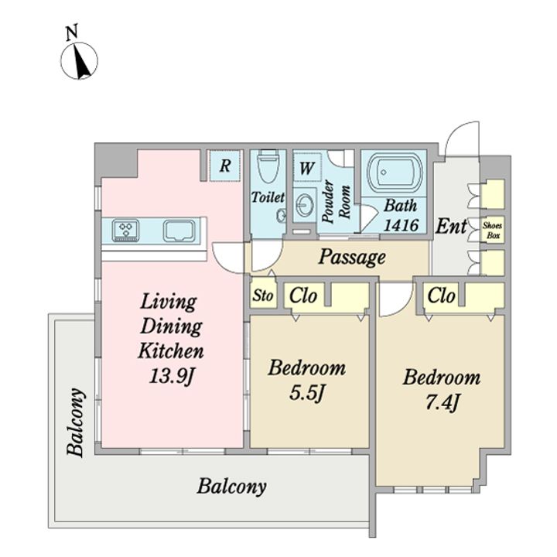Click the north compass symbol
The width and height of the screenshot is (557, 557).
pyautogui.click(x=79, y=61)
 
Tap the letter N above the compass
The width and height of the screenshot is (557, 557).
pyautogui.click(x=73, y=32)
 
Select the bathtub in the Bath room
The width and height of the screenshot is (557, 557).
pyautogui.click(x=395, y=173)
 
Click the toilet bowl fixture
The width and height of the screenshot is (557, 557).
pyautogui.click(x=267, y=166)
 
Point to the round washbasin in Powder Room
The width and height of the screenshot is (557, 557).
pyautogui.click(x=305, y=205)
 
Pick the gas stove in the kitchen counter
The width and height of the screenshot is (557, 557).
pyautogui.click(x=125, y=231)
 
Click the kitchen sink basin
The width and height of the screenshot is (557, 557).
pyautogui.click(x=179, y=231)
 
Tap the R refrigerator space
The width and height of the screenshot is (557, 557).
pyautogui.click(x=224, y=166)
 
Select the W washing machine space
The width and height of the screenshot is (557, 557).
pyautogui.click(x=307, y=167)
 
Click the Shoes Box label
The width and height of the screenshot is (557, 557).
pyautogui.click(x=492, y=230)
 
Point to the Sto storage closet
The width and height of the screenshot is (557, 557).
pyautogui.click(x=263, y=295)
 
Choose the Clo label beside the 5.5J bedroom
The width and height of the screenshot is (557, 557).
pyautogui.click(x=303, y=296)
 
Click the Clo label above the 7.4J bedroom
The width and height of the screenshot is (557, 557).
pyautogui.click(x=441, y=296)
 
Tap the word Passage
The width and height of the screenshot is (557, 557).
pyautogui.click(x=352, y=257)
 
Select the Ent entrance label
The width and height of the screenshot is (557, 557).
pyautogui.click(x=451, y=226)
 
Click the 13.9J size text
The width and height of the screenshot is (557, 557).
pyautogui.click(x=171, y=375)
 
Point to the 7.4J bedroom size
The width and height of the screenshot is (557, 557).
pyautogui.click(x=442, y=403)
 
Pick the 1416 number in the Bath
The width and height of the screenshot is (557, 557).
pyautogui.click(x=401, y=225)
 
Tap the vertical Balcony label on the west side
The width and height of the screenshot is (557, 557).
pyautogui.click(x=76, y=422)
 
